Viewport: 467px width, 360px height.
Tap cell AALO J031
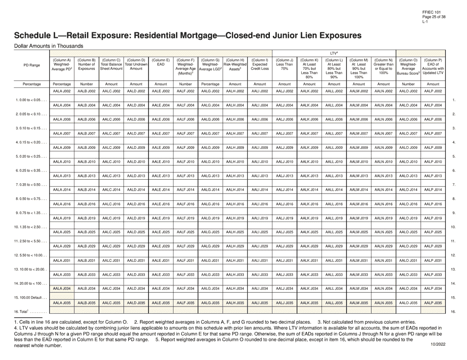click(x=409, y=260)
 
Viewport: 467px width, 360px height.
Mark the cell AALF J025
click(x=186, y=232)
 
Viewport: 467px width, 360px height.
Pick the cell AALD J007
click(x=136, y=133)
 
